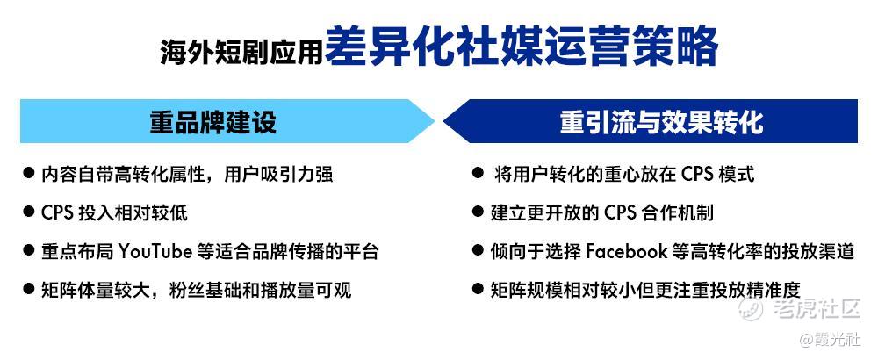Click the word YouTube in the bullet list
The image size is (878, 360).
pyautogui.click(x=155, y=251)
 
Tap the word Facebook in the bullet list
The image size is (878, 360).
pyautogui.click(x=627, y=251)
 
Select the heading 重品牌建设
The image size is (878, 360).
pyautogui.click(x=213, y=121)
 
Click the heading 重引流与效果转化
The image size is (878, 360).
pyautogui.click(x=661, y=121)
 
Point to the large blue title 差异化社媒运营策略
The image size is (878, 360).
pyautogui.click(x=522, y=47)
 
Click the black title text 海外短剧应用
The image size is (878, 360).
pyautogui.click(x=242, y=52)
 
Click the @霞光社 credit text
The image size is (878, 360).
pyautogui.click(x=835, y=340)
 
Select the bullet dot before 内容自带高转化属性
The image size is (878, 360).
pyautogui.click(x=29, y=173)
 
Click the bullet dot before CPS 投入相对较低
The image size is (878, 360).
pyautogui.click(x=29, y=212)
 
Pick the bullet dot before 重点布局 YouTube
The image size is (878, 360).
pyautogui.click(x=29, y=250)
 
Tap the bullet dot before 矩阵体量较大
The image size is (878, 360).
pyautogui.click(x=29, y=289)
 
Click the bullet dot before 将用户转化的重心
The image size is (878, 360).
pyautogui.click(x=478, y=173)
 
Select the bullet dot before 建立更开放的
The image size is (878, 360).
pyautogui.click(x=478, y=212)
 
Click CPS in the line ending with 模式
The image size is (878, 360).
pyautogui.click(x=698, y=174)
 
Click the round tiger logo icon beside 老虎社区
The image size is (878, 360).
pyautogui.click(x=752, y=309)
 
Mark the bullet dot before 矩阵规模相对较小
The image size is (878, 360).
pyautogui.click(x=478, y=289)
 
